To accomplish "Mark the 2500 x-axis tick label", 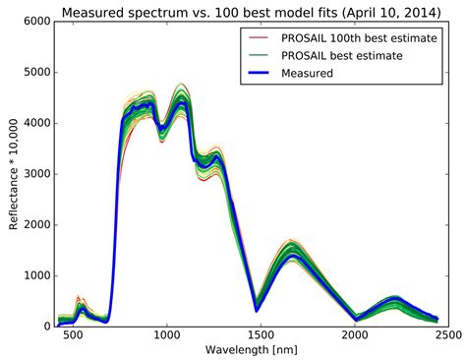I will tap(448, 337).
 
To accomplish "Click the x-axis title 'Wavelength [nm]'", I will tap(240, 351).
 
